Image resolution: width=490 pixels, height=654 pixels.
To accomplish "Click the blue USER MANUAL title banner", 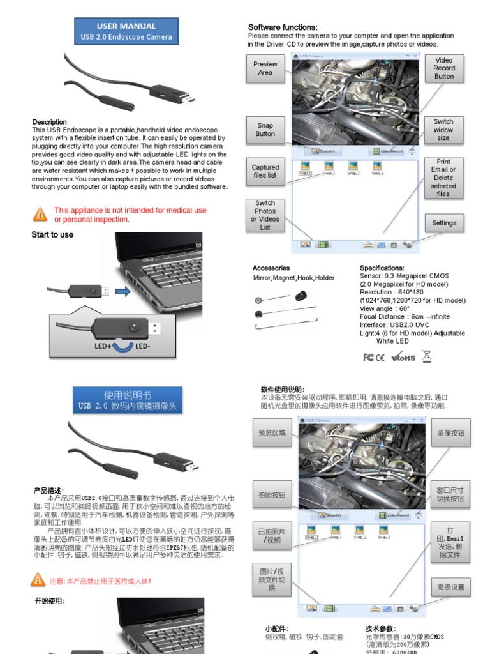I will (126, 31).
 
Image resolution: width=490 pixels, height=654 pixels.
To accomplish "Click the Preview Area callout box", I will (265, 68).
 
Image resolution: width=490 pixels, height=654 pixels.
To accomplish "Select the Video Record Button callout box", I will (444, 68).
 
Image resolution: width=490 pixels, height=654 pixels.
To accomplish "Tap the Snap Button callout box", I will (265, 130).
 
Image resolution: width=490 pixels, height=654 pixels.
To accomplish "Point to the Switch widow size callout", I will (443, 130).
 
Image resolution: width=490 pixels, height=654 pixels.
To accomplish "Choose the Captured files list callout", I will (265, 171).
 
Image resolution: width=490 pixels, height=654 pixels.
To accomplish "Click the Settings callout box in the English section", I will (444, 223).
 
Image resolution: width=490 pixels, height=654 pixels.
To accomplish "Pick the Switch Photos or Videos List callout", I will (265, 215).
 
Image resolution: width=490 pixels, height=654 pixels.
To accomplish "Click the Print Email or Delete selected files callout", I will (443, 178).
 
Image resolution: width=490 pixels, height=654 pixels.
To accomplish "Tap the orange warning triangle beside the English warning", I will (40, 214).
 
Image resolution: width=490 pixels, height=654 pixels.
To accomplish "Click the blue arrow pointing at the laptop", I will (124, 291).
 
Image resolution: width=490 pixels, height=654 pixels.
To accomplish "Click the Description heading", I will (49, 122).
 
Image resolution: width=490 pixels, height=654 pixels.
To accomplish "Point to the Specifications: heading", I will (382, 268).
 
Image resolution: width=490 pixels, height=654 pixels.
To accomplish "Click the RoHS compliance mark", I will (403, 358).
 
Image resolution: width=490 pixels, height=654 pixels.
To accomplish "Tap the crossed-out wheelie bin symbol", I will (427, 356).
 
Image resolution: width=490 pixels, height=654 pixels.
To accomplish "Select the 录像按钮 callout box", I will (450, 432).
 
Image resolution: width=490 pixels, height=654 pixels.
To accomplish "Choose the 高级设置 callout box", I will (450, 587).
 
